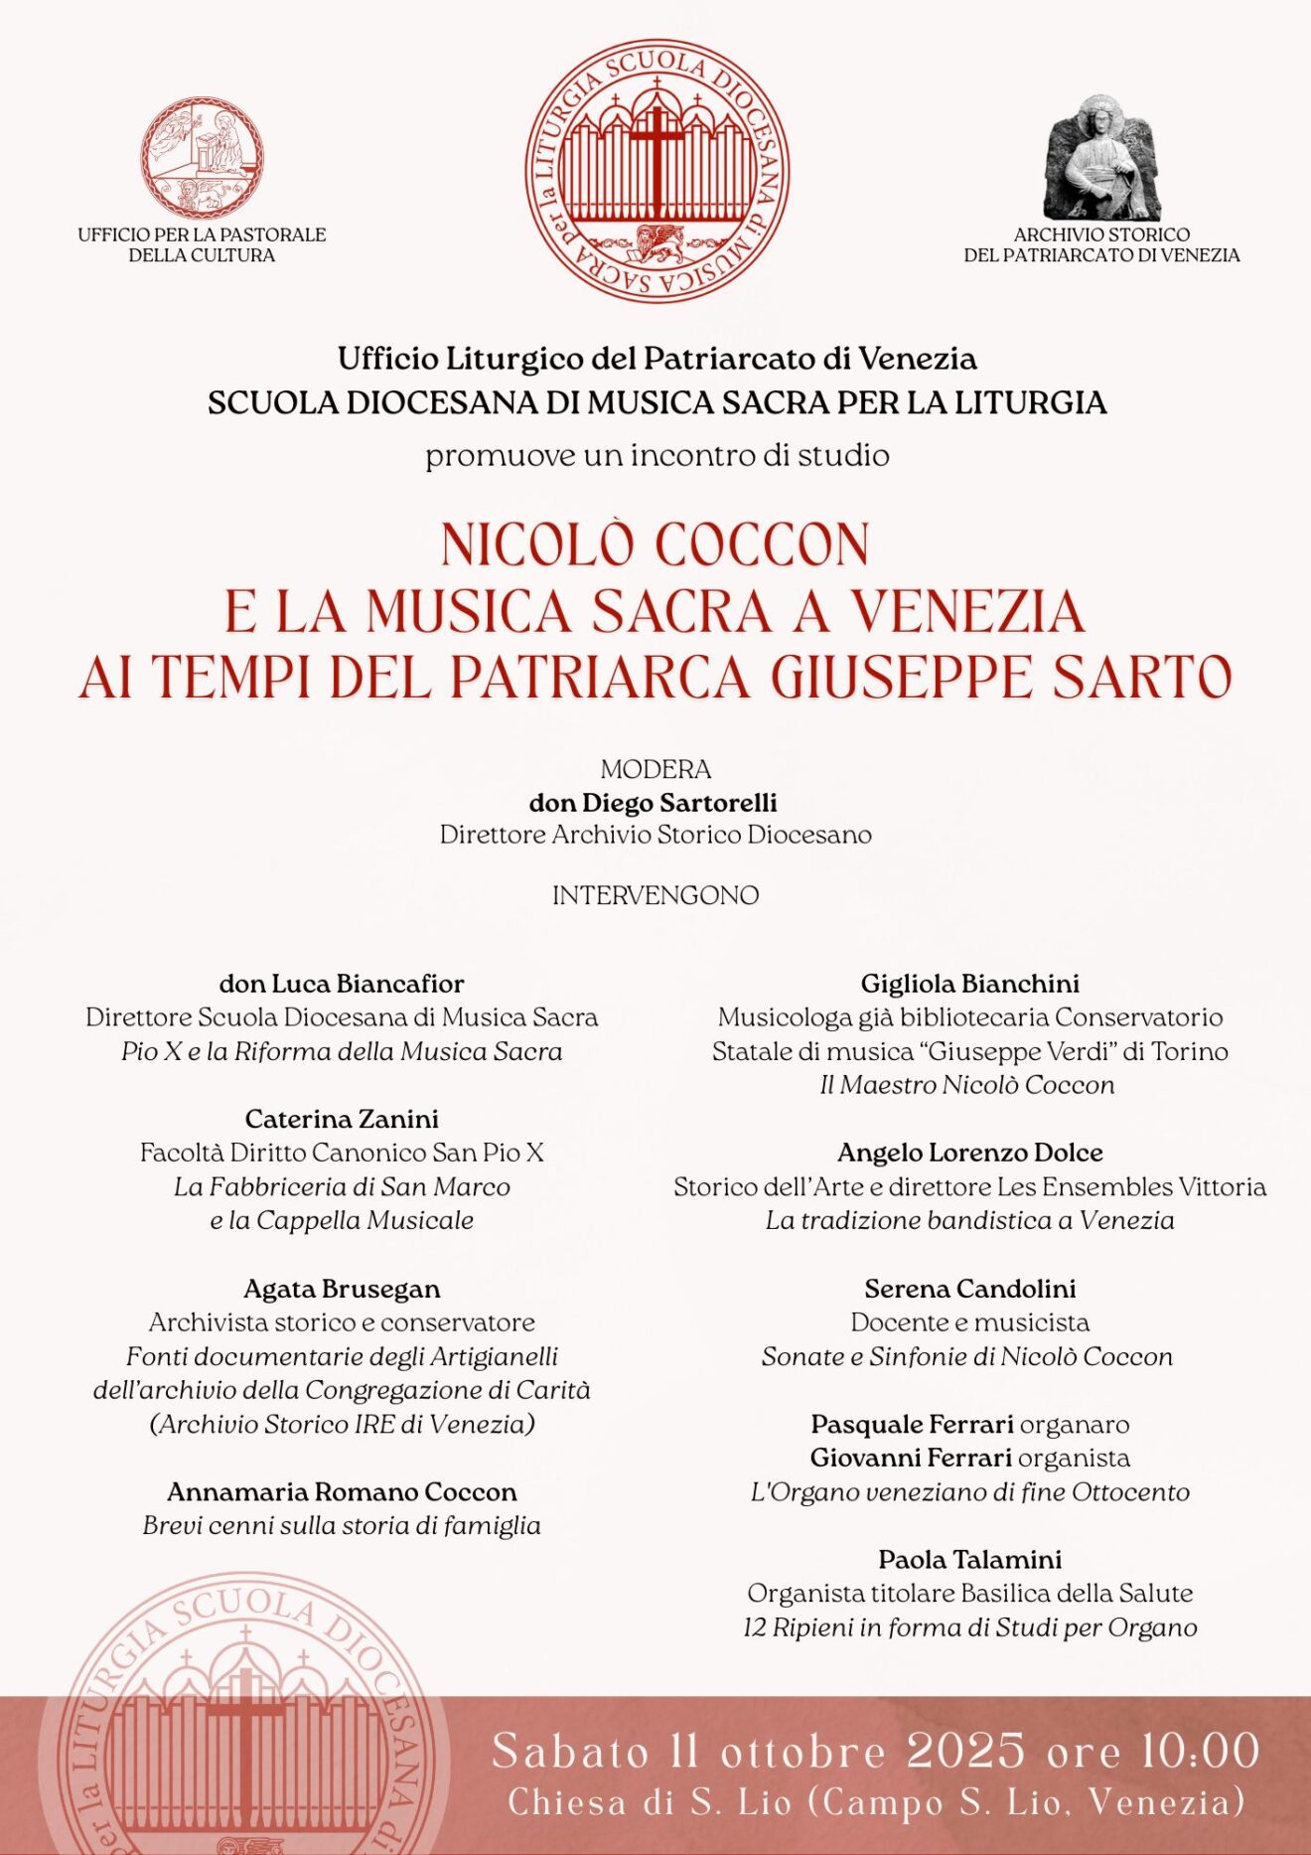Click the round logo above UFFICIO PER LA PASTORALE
pos(202,157)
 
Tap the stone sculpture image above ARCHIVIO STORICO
pos(1101,159)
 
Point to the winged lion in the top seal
pos(656,241)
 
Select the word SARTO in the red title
pos(1142,678)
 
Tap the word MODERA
pos(655,769)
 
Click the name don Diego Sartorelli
pos(654,802)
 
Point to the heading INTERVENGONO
pos(655,895)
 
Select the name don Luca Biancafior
pos(342,984)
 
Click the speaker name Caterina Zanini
pos(342,1119)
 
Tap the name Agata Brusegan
pos(342,1289)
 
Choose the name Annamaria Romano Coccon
pos(342,1491)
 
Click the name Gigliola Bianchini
pos(969,984)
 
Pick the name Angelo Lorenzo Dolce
pos(969,1153)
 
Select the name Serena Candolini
pos(969,1289)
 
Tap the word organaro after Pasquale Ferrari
pos(1075,1425)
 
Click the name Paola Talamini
pos(969,1559)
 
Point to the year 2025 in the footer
pos(965,1752)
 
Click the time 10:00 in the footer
pos(1199,1752)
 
